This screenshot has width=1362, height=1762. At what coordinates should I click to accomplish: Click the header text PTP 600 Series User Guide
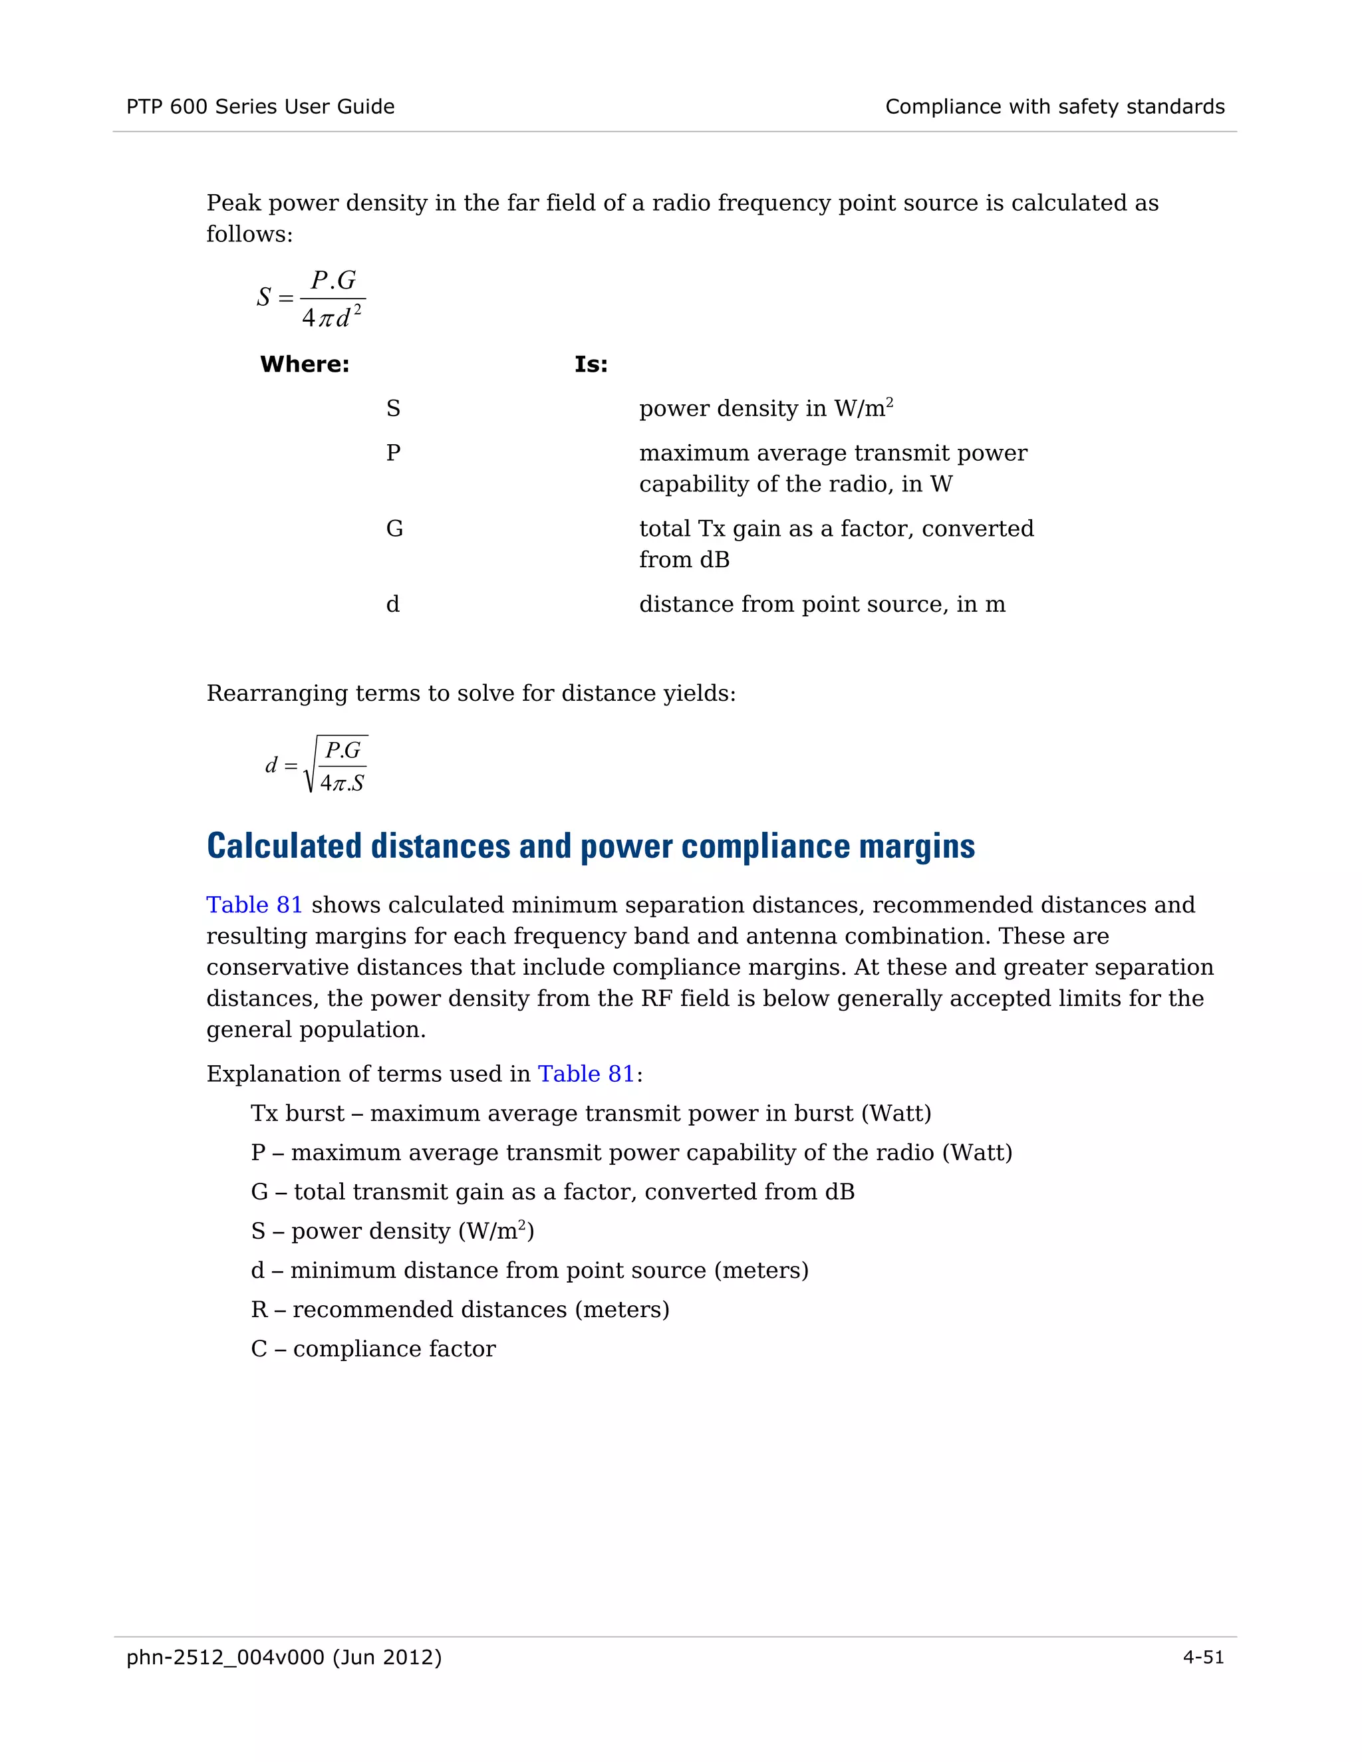click(260, 106)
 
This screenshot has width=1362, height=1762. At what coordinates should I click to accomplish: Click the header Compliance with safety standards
click(1054, 106)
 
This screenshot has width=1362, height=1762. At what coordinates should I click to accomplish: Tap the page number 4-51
click(1202, 1657)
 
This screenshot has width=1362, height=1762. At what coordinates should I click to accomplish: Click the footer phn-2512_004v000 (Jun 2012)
click(284, 1657)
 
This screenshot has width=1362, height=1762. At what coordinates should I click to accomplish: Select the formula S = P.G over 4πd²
click(311, 299)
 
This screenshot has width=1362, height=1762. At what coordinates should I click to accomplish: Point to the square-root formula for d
click(317, 764)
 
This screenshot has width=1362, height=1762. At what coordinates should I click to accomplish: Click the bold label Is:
click(591, 364)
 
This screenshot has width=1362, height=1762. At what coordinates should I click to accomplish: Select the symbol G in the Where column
click(394, 529)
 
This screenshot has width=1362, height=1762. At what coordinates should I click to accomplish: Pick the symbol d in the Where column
click(393, 605)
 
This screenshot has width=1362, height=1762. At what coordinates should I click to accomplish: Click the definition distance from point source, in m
click(821, 605)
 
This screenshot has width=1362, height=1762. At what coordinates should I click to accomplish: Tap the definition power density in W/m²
click(765, 408)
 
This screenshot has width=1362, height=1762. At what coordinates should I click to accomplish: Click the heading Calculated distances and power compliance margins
click(590, 846)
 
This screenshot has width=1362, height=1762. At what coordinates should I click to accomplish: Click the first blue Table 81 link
click(254, 905)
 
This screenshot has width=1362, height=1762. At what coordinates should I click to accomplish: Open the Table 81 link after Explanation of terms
click(586, 1074)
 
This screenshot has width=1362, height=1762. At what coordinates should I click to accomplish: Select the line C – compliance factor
click(373, 1348)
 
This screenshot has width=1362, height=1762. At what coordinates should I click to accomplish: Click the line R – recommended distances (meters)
click(460, 1309)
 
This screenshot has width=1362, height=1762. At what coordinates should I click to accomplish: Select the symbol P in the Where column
click(393, 453)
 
